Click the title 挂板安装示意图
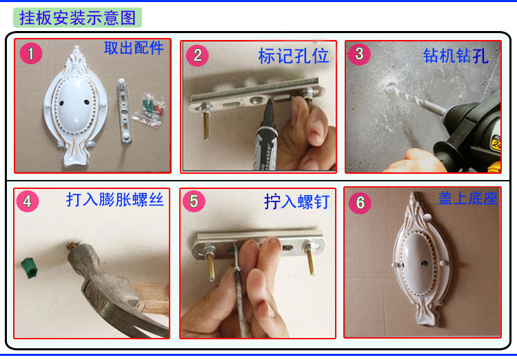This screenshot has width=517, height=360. coord(77,17)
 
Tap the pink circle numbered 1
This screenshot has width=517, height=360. coord(30,53)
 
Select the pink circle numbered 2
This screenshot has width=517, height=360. coord(197,55)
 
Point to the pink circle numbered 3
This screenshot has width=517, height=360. coord(359,54)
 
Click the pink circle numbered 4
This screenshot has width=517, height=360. coord(28,201)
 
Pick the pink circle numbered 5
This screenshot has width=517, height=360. coord(194,201)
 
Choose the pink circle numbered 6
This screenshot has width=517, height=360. coord(360,203)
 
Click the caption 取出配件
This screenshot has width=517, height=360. coord(134,48)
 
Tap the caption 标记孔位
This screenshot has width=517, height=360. coord(294,56)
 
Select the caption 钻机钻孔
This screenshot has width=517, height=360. coord(456,55)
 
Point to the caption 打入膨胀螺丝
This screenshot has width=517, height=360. coord(114,199)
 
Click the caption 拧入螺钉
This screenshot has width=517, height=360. coord(296,201)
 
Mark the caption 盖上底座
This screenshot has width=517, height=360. coord(468,199)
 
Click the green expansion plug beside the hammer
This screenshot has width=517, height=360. coord(30,268)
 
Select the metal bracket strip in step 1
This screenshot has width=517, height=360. coord(123,111)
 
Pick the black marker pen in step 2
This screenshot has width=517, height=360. coord(267,135)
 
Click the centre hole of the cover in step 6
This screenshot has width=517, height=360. coord(425,263)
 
